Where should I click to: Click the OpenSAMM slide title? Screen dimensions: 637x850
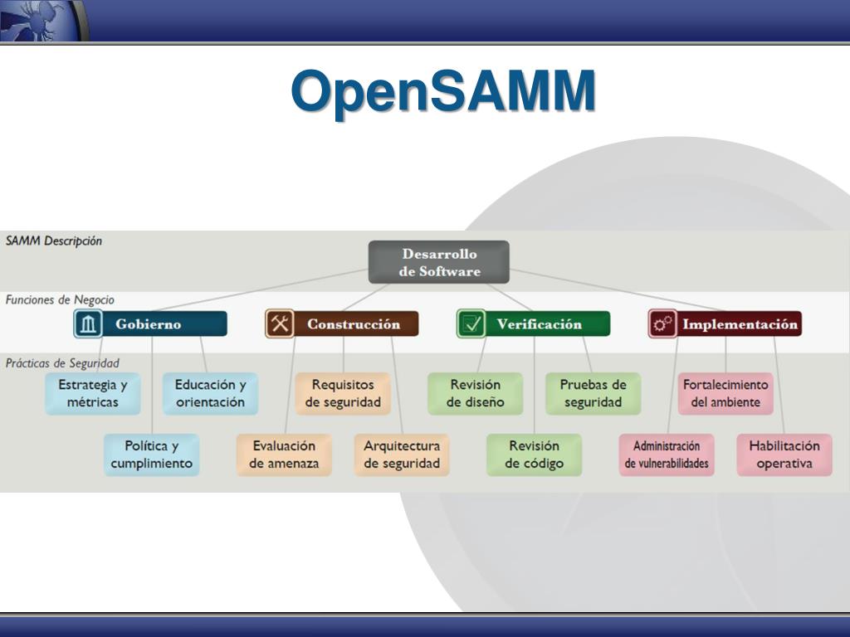[x=443, y=90]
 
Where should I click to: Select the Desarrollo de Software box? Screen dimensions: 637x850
[x=439, y=262]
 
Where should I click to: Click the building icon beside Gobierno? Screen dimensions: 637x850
[x=88, y=324]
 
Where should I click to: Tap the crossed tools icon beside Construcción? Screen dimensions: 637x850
[x=281, y=324]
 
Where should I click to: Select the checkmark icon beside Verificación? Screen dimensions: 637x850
[x=471, y=324]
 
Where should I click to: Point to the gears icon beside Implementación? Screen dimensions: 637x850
[x=662, y=324]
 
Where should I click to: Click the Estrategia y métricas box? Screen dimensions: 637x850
[x=93, y=393]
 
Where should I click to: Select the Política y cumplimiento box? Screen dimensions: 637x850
[x=152, y=455]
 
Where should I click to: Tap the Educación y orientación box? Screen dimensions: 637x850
[x=211, y=393]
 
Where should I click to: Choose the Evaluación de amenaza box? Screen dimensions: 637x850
[x=284, y=455]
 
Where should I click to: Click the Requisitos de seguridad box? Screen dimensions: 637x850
[x=343, y=393]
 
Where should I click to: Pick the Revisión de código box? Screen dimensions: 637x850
[x=535, y=455]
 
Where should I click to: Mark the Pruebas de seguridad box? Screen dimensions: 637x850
[x=594, y=393]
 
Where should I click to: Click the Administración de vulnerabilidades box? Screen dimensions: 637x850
[x=667, y=455]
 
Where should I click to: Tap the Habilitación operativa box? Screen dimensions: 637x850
[x=784, y=455]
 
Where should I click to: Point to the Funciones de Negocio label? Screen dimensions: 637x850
[x=60, y=299]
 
